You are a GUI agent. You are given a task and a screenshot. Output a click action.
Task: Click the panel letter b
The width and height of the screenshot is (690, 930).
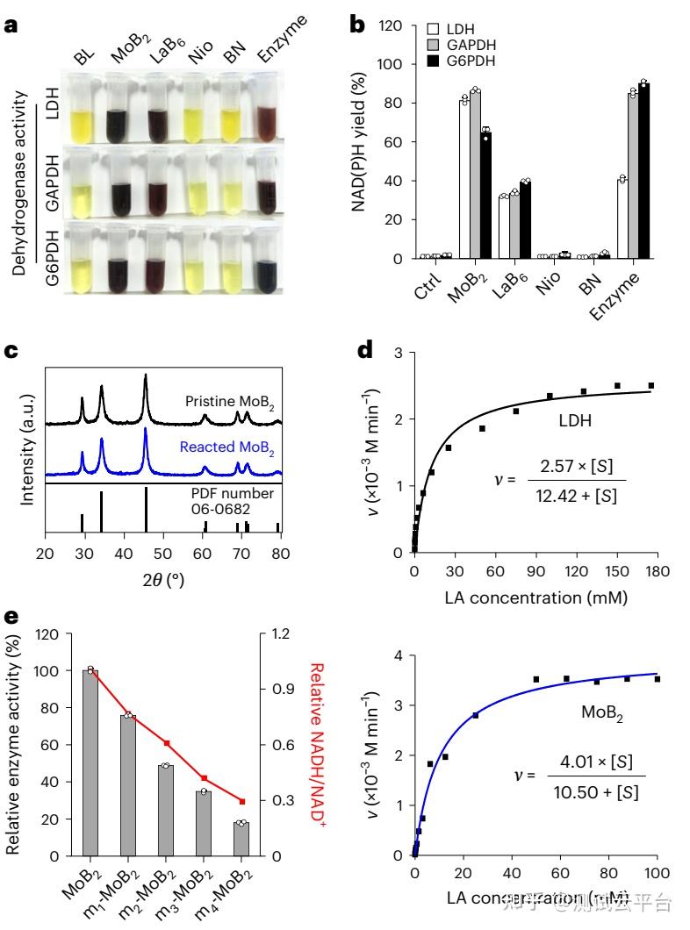tap(358, 25)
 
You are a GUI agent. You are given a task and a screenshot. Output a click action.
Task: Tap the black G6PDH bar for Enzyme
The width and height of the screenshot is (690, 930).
tap(643, 170)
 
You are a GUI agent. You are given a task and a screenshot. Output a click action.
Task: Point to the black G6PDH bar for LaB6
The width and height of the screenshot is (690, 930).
tap(526, 220)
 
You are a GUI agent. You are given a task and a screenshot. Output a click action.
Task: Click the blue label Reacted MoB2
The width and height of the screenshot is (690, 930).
tap(226, 447)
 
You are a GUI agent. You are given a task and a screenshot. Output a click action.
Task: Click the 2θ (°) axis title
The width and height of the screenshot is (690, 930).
tap(162, 583)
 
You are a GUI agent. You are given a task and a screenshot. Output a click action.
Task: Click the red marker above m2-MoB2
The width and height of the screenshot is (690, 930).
tap(166, 743)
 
